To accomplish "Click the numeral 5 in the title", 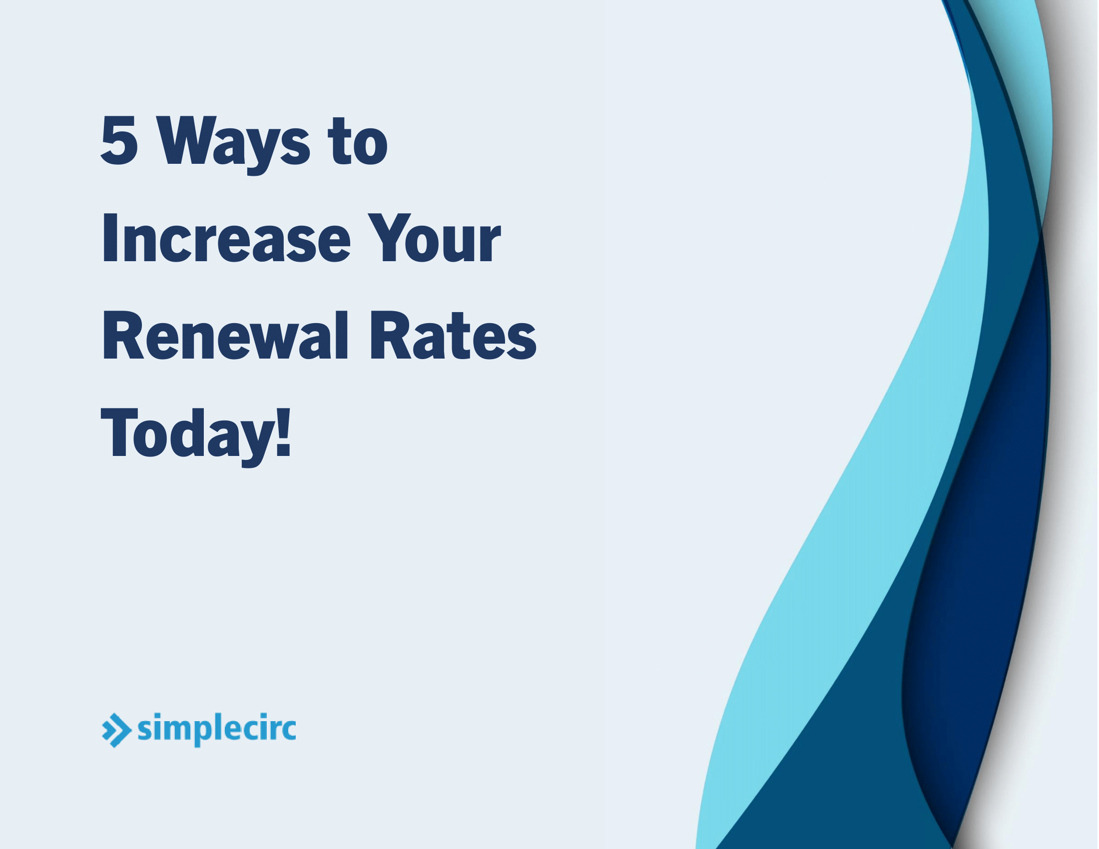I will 119,140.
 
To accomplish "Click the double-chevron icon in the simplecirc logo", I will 116,730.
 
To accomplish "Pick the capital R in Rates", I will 390,336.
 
